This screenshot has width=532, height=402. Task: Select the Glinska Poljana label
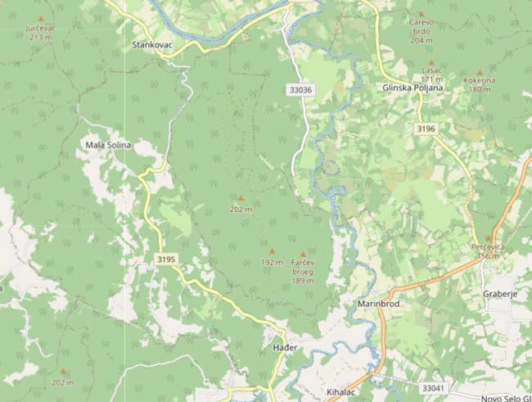point(412,88)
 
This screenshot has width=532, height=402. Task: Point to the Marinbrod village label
point(377,304)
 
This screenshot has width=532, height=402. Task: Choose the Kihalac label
point(343,391)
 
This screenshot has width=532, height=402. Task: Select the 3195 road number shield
point(165,259)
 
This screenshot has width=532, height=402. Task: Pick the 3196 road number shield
point(426,129)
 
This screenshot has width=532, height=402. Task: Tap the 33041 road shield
point(434,387)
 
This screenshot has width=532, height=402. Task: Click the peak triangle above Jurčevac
point(41,19)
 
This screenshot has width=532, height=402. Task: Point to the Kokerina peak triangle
point(480,72)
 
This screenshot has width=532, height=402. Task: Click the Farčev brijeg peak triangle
point(303,255)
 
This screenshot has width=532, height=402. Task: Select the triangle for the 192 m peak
point(273,251)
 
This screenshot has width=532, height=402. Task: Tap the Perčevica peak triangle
point(489,238)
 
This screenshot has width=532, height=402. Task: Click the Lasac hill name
point(431,70)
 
